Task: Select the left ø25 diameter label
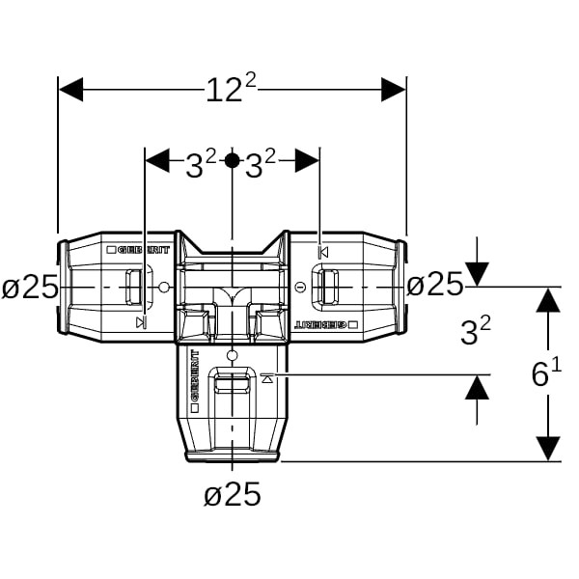[30, 288]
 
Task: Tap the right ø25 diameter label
[435, 285]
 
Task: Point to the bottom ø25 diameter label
[233, 494]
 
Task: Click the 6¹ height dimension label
[546, 372]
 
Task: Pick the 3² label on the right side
[476, 330]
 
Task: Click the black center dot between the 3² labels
[232, 160]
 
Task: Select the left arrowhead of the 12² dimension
[70, 90]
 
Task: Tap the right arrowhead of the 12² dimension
[394, 90]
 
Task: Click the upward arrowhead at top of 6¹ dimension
[549, 300]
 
